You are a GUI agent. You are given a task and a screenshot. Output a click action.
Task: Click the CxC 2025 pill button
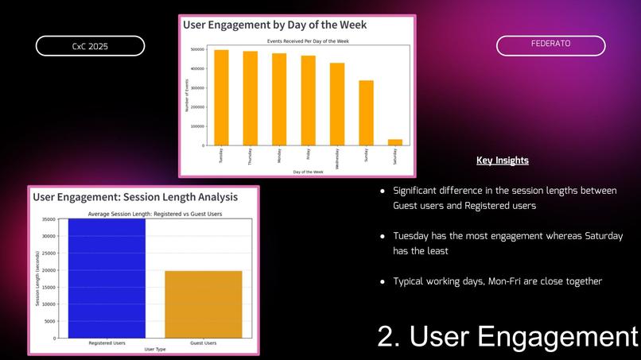click(x=90, y=46)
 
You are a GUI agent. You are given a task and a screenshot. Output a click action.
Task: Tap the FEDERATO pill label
click(x=550, y=45)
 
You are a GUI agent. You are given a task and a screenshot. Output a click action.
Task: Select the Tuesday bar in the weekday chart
click(x=221, y=97)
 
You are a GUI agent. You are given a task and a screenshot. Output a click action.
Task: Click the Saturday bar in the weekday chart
click(x=395, y=142)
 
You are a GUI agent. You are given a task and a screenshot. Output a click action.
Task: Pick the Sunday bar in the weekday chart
click(x=366, y=112)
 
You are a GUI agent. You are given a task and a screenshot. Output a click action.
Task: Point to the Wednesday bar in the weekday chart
click(x=337, y=103)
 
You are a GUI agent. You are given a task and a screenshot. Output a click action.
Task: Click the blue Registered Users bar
click(x=106, y=278)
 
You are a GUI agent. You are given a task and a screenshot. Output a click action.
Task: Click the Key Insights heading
click(x=502, y=161)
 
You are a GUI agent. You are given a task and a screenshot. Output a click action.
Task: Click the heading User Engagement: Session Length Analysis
click(x=134, y=196)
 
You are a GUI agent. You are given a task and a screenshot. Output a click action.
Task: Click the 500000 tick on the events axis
click(x=196, y=49)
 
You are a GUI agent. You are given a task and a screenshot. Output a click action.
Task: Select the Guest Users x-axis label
click(x=204, y=343)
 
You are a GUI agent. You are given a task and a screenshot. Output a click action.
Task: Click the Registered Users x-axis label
click(x=106, y=343)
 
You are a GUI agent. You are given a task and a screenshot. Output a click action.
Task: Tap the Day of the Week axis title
click(x=308, y=172)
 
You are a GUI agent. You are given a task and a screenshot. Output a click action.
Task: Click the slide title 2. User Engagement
click(x=507, y=336)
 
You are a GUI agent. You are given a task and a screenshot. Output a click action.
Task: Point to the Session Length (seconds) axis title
click(x=37, y=278)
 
